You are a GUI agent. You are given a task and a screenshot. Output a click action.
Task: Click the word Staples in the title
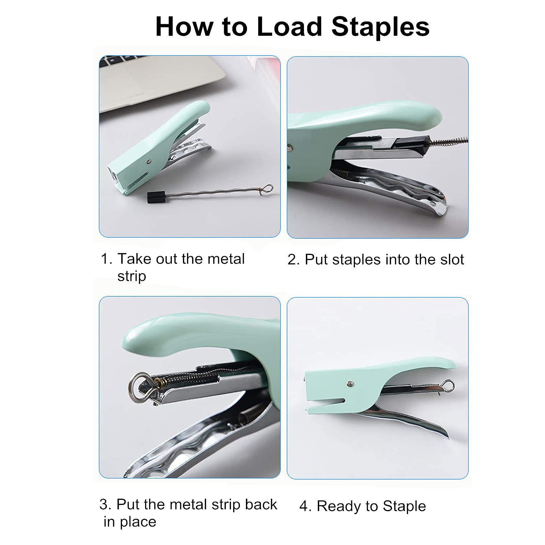[x=380, y=27]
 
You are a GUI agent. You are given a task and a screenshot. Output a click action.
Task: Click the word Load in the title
[x=289, y=27]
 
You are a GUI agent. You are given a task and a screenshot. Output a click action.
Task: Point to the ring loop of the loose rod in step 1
[x=268, y=189]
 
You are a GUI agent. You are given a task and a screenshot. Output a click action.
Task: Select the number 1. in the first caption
[x=106, y=259]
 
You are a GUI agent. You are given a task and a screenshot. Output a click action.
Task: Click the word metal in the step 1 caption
[x=226, y=259]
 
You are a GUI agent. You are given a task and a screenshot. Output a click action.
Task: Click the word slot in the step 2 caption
[x=452, y=260]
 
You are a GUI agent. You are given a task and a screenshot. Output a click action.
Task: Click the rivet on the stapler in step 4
[x=349, y=384]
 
